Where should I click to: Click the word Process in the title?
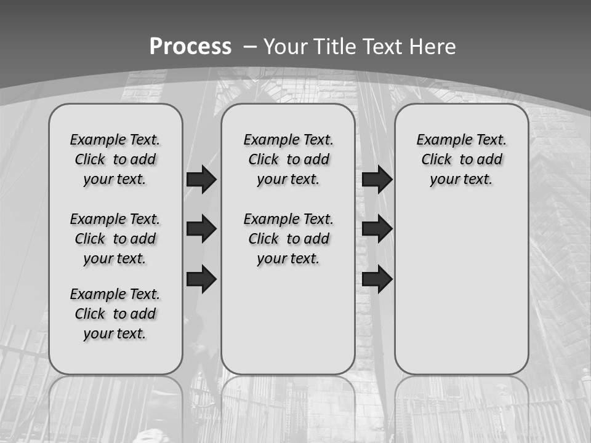click(190, 47)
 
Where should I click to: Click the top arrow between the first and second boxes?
click(201, 179)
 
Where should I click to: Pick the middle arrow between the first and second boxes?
click(201, 229)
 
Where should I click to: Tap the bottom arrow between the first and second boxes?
click(201, 279)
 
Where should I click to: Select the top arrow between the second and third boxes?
click(377, 179)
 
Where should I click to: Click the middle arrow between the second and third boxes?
click(377, 229)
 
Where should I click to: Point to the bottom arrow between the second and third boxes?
click(377, 279)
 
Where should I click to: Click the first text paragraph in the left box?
click(115, 159)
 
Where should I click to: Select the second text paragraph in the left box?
click(115, 239)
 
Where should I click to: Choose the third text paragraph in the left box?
click(115, 314)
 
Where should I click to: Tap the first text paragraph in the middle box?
click(288, 159)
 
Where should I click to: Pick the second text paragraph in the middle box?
click(288, 239)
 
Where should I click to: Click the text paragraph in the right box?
click(461, 159)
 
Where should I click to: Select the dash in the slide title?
click(250, 47)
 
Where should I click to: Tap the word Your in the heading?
click(286, 47)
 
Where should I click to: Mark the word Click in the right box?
click(436, 159)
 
